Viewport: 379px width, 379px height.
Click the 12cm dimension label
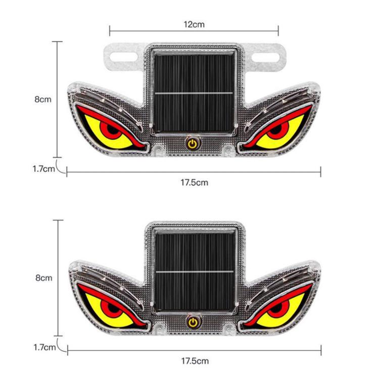(194, 24)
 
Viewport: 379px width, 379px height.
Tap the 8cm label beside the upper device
(43, 99)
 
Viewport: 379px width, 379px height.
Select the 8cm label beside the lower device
(44, 278)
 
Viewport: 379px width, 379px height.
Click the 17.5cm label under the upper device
(195, 182)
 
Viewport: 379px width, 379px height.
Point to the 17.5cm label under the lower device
(195, 361)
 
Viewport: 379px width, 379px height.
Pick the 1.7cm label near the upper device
(44, 169)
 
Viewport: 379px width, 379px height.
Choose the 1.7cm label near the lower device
(44, 347)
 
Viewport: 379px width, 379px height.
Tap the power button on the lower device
(193, 322)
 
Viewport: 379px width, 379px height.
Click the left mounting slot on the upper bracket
(124, 57)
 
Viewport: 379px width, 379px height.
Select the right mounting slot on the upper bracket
(265, 57)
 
